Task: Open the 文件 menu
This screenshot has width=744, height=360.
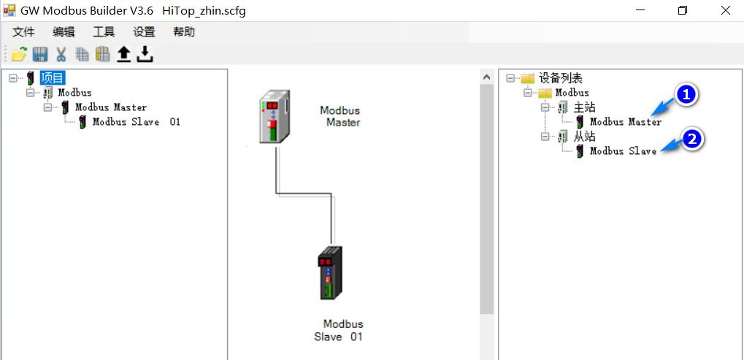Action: click(23, 32)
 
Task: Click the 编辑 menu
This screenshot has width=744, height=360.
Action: click(64, 32)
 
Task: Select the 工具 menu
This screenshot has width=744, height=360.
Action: click(104, 32)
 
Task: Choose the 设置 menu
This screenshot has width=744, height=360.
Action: click(144, 32)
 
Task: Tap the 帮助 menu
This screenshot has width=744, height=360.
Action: click(184, 32)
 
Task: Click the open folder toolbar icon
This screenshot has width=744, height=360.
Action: click(19, 54)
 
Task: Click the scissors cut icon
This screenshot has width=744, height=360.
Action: click(61, 54)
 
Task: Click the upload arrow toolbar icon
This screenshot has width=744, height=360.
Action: click(124, 54)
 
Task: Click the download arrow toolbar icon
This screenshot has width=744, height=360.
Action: click(145, 54)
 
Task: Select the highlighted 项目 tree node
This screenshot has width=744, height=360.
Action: click(52, 78)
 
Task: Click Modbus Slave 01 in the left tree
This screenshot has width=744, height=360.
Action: click(136, 122)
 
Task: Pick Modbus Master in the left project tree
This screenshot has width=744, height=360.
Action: click(111, 107)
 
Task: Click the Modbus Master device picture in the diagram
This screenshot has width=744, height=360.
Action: click(275, 117)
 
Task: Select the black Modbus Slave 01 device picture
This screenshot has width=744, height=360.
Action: click(330, 273)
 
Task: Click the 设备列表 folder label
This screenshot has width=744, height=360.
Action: click(561, 78)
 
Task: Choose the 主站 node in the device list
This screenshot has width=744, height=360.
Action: click(584, 107)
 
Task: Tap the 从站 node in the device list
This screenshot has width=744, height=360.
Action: click(584, 137)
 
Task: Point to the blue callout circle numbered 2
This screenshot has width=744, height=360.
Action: click(691, 139)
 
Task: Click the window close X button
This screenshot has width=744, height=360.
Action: click(725, 10)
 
